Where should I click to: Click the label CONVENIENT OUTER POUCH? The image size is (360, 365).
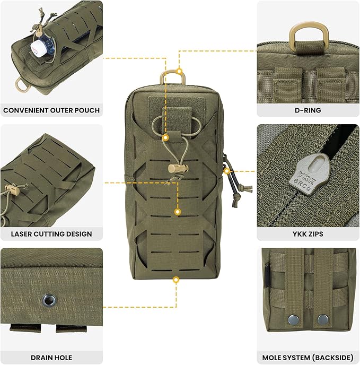click(x=51, y=110)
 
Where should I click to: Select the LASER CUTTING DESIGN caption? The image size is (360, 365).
click(x=51, y=233)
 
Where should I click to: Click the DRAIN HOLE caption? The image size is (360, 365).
click(x=51, y=357)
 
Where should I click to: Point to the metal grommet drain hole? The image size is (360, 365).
click(x=49, y=301)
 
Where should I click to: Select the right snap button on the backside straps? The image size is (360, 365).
click(x=322, y=319)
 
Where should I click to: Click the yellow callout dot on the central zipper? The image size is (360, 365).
click(x=226, y=171)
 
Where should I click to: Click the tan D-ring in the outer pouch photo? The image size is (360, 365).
click(x=22, y=83)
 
